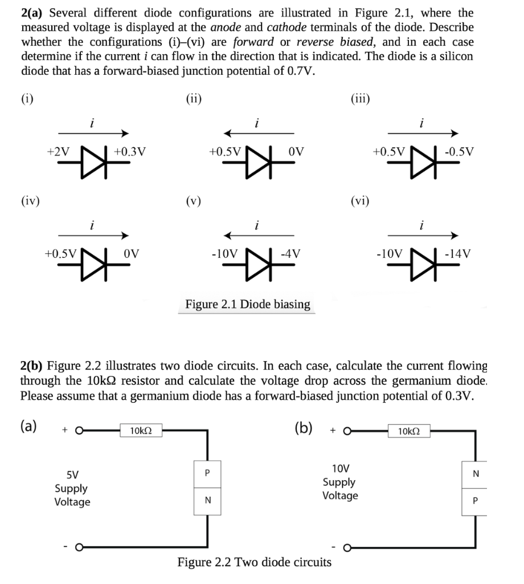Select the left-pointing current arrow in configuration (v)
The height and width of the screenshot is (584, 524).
[x=259, y=234]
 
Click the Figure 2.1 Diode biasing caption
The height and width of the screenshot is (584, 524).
[x=248, y=304]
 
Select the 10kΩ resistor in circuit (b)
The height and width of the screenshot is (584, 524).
[x=408, y=430]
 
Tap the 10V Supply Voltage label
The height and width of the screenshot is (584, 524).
[x=340, y=482]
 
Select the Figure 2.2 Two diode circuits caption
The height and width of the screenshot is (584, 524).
[x=254, y=562]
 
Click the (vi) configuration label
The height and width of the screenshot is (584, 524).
[x=360, y=200]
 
